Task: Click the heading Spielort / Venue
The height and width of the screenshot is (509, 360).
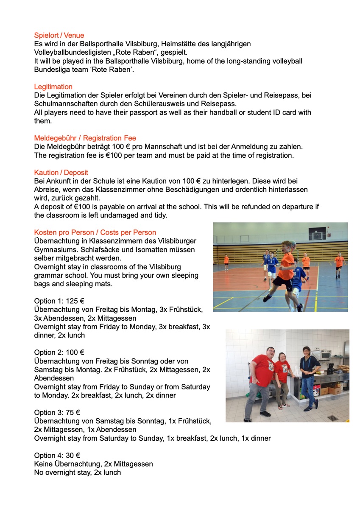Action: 59,36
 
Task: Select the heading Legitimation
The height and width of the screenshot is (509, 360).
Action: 53,87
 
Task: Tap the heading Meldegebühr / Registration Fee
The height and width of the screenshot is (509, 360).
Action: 85,138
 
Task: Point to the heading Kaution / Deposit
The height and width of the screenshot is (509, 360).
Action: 61,173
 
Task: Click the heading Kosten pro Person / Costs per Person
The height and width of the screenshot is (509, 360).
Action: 95,232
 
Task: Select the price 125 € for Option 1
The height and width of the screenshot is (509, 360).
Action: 75,301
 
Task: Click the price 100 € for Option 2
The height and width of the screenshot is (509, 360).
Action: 75,352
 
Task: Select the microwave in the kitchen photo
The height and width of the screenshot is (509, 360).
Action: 325,355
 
